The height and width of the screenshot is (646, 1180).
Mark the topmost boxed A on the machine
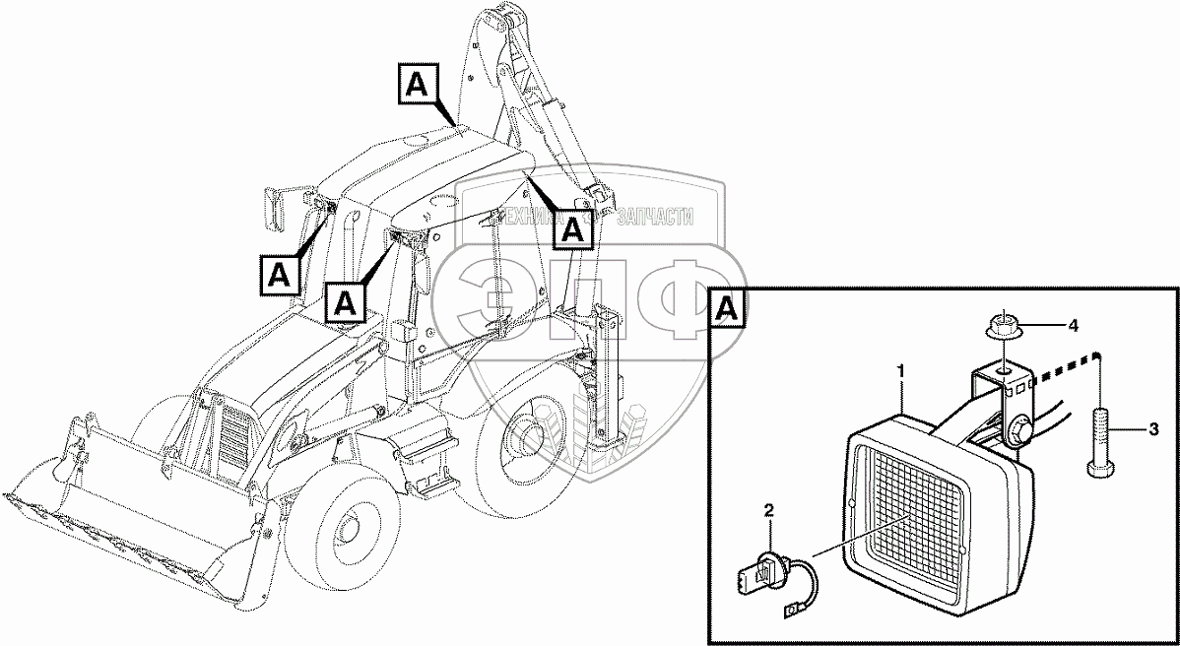[x=417, y=86]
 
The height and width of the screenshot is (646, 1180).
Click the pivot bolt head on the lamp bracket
[x=1018, y=431]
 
